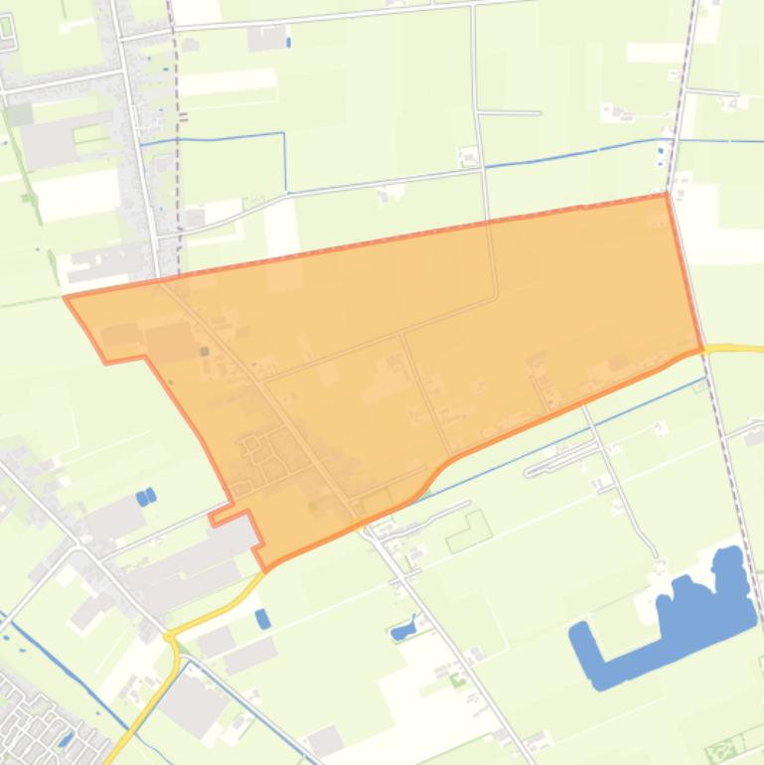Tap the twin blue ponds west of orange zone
tap(146, 496)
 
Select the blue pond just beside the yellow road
tap(262, 619)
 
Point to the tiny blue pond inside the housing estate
tap(66, 738)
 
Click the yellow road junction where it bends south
tap(173, 636)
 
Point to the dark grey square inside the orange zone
tap(205, 351)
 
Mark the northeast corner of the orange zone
tap(666, 195)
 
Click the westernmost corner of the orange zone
tap(66, 296)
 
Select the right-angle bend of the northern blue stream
tap(285, 134)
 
